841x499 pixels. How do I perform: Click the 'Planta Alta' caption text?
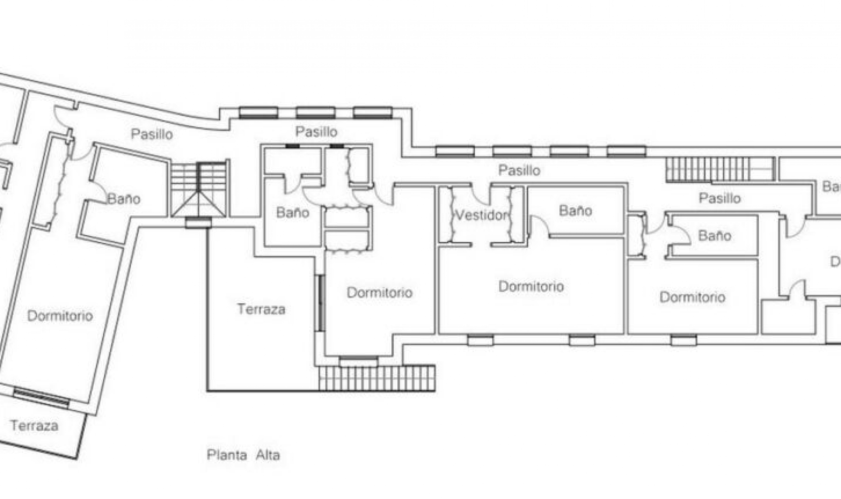tap(243, 455)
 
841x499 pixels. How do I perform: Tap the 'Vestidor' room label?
tap(481, 215)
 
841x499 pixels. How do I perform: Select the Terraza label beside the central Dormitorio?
tap(261, 309)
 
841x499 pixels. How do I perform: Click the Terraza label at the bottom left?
tap(34, 425)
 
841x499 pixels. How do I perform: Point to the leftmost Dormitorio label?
tap(60, 316)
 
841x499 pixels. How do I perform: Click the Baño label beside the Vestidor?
tap(575, 211)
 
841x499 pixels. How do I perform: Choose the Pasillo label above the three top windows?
tap(316, 131)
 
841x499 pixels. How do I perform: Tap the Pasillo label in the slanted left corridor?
tap(152, 134)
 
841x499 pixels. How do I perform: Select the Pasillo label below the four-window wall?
tap(519, 170)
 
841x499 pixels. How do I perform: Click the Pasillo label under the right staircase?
tap(719, 198)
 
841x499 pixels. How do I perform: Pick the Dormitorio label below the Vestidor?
tap(531, 287)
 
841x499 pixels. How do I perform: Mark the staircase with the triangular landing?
tap(199, 189)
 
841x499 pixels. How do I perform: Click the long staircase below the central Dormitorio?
tap(377, 378)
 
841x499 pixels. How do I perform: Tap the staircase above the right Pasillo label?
tap(718, 169)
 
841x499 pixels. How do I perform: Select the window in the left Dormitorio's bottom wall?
tap(41, 397)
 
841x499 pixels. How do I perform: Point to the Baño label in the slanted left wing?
tap(124, 199)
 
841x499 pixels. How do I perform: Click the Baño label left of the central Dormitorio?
tap(293, 213)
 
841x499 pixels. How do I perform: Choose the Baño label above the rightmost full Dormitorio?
tap(714, 236)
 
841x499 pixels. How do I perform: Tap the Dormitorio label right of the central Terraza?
tap(379, 292)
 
